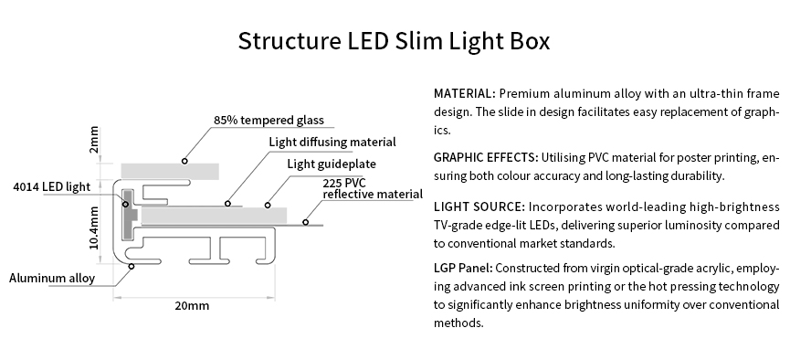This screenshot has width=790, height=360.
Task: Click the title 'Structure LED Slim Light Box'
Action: click(394, 42)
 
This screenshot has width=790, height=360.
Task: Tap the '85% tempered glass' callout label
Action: click(269, 120)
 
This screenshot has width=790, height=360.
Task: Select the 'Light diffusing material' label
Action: click(332, 142)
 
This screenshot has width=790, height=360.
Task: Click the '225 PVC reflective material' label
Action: click(372, 188)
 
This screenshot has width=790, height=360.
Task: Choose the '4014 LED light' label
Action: click(52, 187)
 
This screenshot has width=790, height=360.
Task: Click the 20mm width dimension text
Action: click(192, 305)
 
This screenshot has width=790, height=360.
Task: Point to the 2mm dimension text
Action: click(95, 140)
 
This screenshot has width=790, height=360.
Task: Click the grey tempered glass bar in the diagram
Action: click(170, 170)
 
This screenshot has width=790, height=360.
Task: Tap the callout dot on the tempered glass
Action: click(184, 160)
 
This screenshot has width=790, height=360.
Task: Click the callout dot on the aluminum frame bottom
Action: click(132, 266)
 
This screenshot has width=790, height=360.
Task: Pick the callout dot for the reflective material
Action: click(306, 220)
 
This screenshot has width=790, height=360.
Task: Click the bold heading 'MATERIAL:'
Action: click(465, 94)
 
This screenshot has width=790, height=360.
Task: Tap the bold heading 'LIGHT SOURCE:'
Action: click(479, 206)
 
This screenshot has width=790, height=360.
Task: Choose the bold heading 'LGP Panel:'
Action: click(464, 269)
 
